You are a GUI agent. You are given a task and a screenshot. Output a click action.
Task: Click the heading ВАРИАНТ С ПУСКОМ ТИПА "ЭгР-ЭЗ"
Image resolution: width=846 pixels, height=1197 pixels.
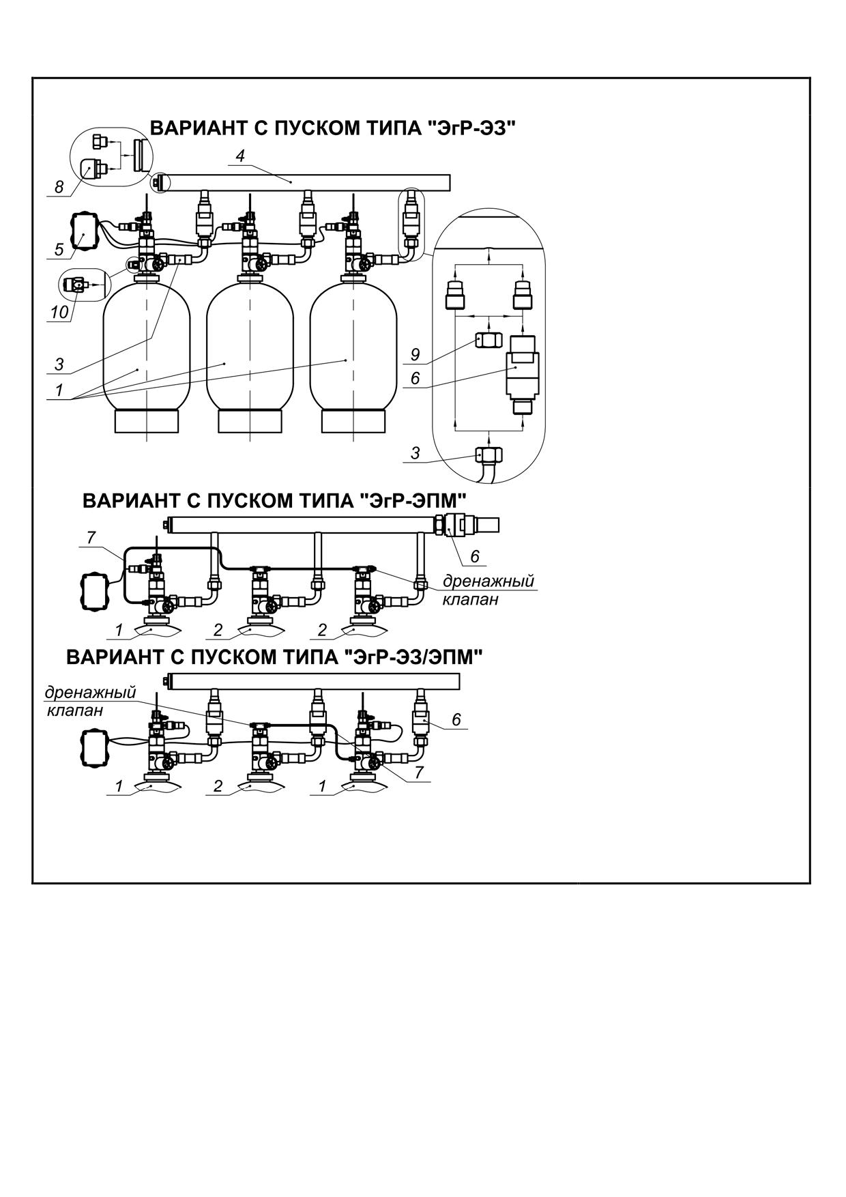(x=332, y=129)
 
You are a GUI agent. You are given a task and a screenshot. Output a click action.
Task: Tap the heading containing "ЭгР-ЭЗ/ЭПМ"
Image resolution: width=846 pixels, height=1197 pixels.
(x=274, y=657)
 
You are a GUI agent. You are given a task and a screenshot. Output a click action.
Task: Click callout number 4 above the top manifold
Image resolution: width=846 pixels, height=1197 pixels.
(x=240, y=156)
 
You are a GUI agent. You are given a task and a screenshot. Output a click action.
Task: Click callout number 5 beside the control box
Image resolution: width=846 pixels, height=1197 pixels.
(x=59, y=250)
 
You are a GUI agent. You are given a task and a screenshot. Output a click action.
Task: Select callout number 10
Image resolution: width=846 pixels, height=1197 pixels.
(x=59, y=312)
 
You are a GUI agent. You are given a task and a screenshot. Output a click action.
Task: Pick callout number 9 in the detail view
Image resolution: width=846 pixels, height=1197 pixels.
(x=415, y=355)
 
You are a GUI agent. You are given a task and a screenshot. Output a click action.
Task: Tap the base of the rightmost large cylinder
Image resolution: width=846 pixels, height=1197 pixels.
(x=353, y=420)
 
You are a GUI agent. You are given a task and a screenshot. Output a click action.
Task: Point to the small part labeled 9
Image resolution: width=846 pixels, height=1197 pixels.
(x=487, y=341)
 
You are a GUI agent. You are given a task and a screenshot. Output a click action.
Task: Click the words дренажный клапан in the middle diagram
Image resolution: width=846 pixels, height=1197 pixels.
(x=488, y=590)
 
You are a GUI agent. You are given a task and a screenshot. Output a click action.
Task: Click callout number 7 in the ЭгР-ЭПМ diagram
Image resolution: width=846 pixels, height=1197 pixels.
(x=91, y=538)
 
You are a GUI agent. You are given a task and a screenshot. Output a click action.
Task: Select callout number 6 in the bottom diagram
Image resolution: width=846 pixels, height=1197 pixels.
(x=456, y=719)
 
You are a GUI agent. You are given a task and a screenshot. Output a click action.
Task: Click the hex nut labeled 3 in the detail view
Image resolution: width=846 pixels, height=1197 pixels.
(x=489, y=455)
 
